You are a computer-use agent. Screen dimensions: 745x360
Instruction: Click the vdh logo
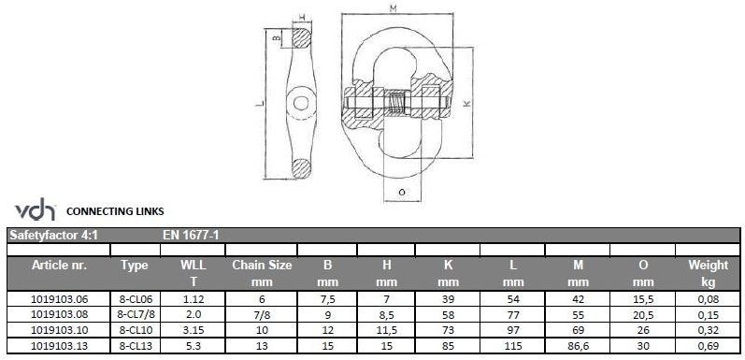click(x=36, y=209)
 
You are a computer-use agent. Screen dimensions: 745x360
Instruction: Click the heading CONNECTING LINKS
click(x=115, y=211)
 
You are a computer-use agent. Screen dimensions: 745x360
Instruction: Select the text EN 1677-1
click(x=191, y=235)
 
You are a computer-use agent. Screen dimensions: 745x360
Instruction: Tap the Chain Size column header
click(x=262, y=273)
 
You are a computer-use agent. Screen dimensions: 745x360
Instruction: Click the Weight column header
click(x=708, y=273)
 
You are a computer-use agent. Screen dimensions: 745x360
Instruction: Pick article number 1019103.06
click(x=60, y=299)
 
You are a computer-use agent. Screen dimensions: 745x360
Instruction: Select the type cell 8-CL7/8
click(x=136, y=315)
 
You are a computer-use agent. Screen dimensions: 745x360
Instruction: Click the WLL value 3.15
click(x=193, y=330)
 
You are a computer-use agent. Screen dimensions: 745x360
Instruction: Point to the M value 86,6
click(x=578, y=346)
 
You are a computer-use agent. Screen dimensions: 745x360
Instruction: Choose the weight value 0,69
click(x=709, y=346)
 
